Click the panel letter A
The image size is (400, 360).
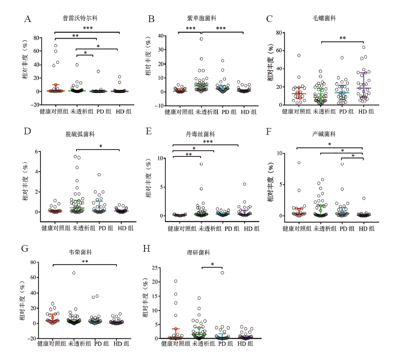tap(28, 19)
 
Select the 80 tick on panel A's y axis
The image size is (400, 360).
tap(38, 38)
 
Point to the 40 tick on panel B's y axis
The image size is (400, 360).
tap(161, 36)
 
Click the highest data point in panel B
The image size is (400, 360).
tap(201, 39)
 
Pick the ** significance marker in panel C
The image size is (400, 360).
tap(343, 38)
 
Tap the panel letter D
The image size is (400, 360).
tap(28, 131)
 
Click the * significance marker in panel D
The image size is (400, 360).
tap(101, 147)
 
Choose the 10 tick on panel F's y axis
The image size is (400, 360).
tap(281, 153)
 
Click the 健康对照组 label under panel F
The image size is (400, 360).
tap(298, 228)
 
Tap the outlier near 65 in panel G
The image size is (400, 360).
tap(74, 273)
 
